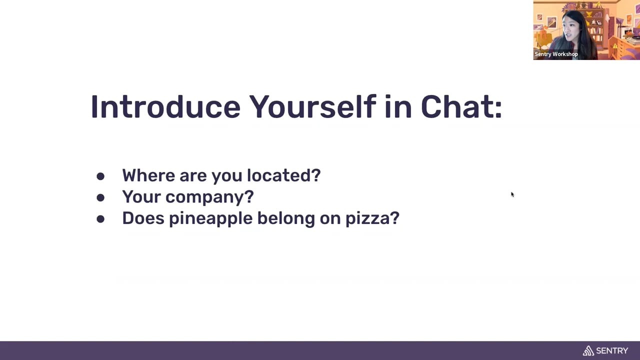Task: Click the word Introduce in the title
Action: pos(165,107)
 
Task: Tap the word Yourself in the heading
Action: pos(312,106)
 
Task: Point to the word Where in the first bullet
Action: pos(148,175)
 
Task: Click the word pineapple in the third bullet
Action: pos(211,219)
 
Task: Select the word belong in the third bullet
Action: pos(286,219)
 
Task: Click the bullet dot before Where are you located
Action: pos(100,176)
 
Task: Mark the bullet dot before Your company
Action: pos(100,197)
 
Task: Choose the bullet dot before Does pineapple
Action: pos(100,219)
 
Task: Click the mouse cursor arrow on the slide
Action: pos(512,194)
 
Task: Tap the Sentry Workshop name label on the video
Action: pos(556,54)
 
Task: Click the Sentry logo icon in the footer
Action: pos(588,350)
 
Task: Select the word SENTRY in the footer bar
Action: pos(612,351)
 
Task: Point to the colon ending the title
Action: pos(498,110)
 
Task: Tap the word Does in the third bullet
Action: pos(143,218)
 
